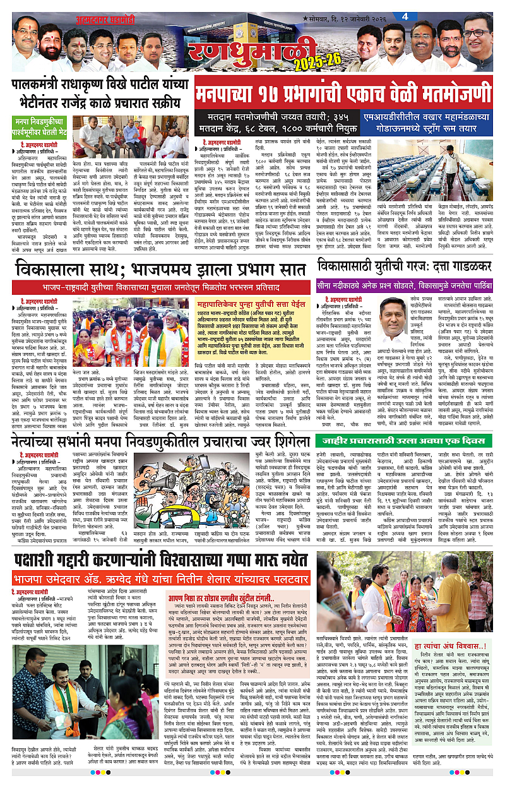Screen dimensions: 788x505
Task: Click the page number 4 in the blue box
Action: [396, 16]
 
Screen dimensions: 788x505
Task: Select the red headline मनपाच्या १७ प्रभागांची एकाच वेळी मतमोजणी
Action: [344, 92]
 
